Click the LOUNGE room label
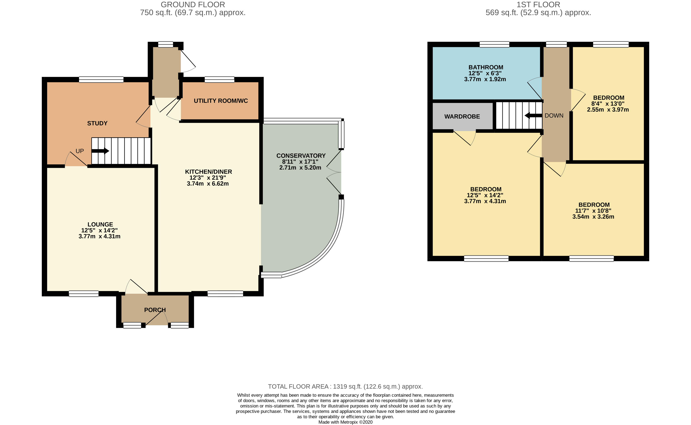coord(100,224)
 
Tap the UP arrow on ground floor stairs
coord(100,151)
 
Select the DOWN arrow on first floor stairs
coord(533,115)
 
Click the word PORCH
coord(155,310)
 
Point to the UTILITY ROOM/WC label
coord(221,101)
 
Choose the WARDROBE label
coord(462,116)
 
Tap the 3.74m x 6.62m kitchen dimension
coord(208,184)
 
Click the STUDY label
coord(97,123)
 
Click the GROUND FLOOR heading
coord(193,5)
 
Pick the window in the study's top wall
coord(101,80)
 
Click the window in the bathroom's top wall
coord(494,44)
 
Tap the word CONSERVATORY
coord(301,156)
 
